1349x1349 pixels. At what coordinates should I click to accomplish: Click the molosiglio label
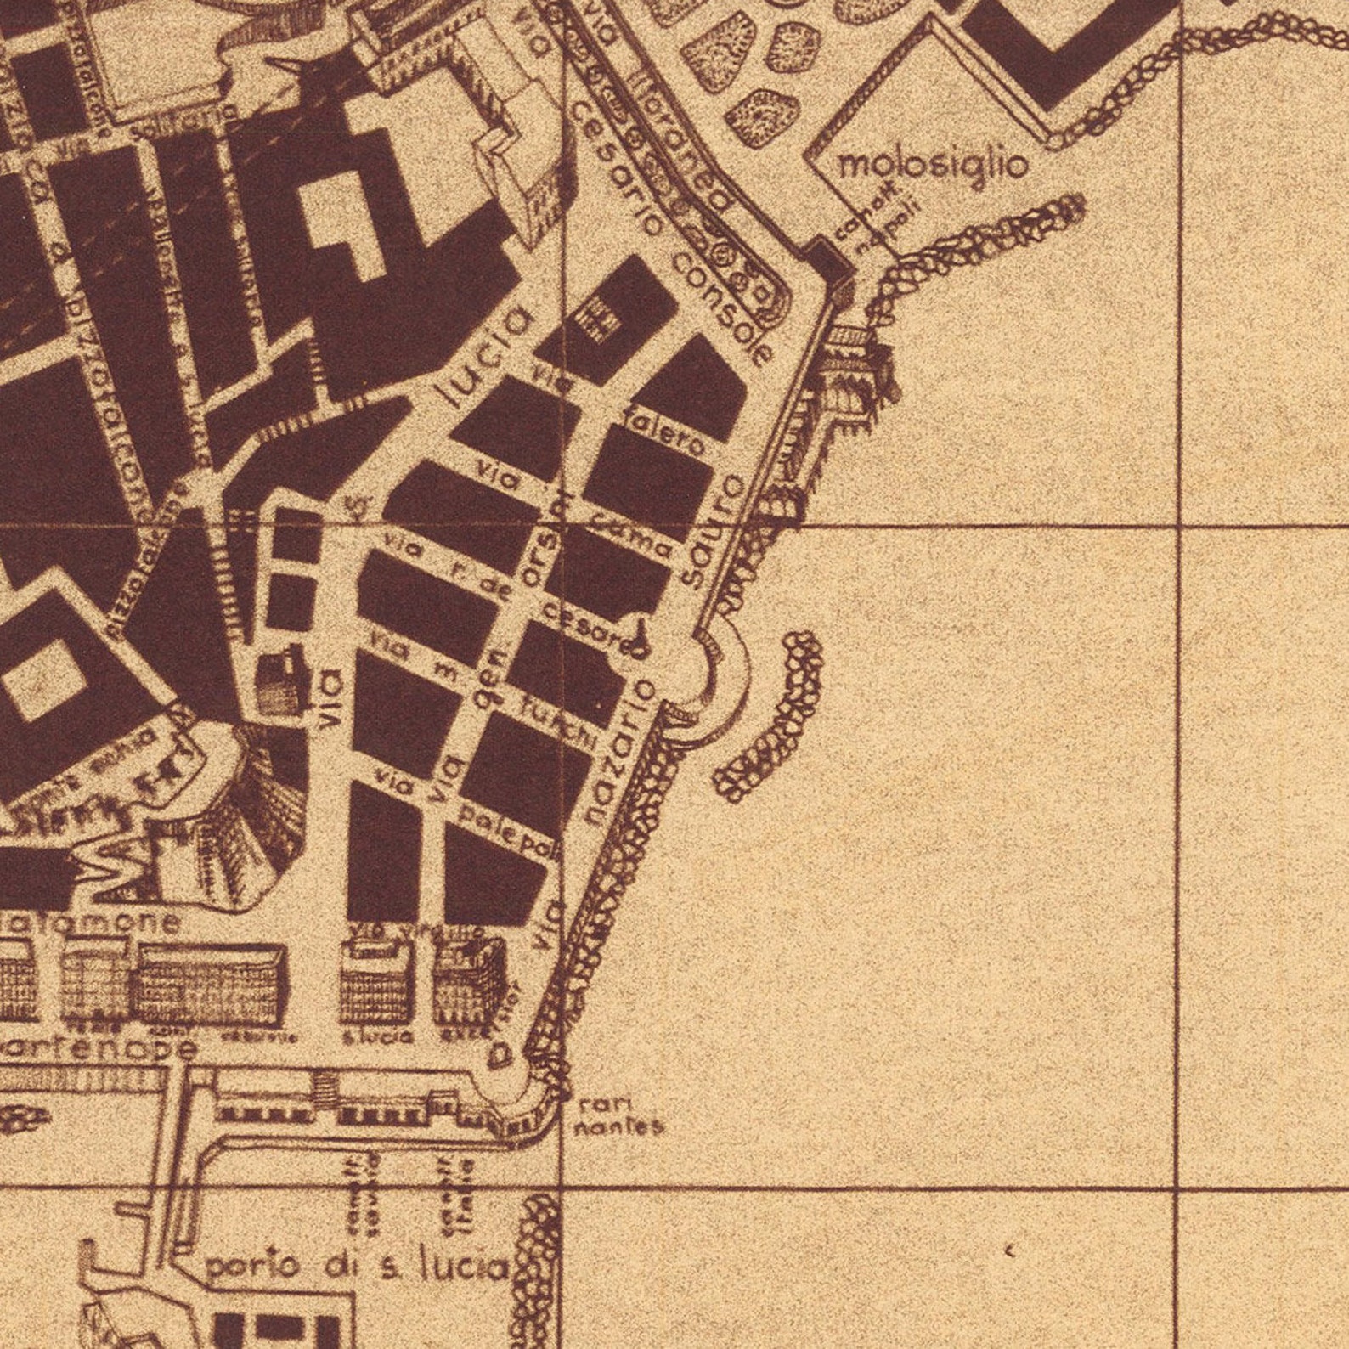pos(933,164)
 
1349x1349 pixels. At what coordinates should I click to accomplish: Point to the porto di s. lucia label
pos(357,1267)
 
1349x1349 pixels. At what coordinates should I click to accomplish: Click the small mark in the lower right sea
pos(1009,1250)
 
